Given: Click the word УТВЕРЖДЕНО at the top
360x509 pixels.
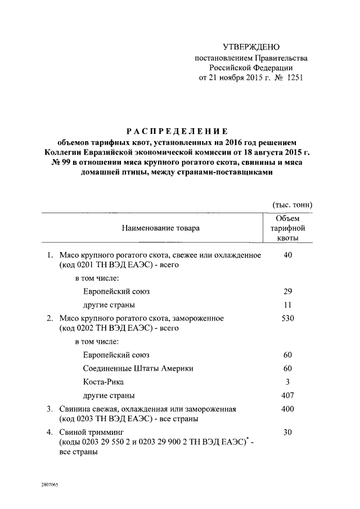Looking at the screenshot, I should pos(251,47).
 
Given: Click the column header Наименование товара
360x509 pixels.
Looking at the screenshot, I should pos(160,228).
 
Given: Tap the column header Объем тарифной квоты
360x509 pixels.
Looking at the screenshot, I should pos(287,228).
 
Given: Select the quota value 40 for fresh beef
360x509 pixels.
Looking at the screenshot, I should pos(287,255).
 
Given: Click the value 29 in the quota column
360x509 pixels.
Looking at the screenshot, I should pos(287,292).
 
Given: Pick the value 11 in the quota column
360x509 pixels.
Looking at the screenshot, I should pos(287,305).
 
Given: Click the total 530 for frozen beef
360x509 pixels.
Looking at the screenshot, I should pos(287,318).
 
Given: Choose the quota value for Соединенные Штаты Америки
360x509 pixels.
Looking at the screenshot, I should pos(287,368).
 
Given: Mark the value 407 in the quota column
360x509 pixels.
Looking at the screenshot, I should pos(287,395).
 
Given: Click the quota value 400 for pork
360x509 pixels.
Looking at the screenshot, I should pos(287,409).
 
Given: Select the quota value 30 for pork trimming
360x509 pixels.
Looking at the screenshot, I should pos(287,433).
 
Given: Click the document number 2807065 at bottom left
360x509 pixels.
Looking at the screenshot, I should pos(49,484).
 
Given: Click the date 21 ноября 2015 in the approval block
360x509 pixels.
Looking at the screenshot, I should pos(240,78).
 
